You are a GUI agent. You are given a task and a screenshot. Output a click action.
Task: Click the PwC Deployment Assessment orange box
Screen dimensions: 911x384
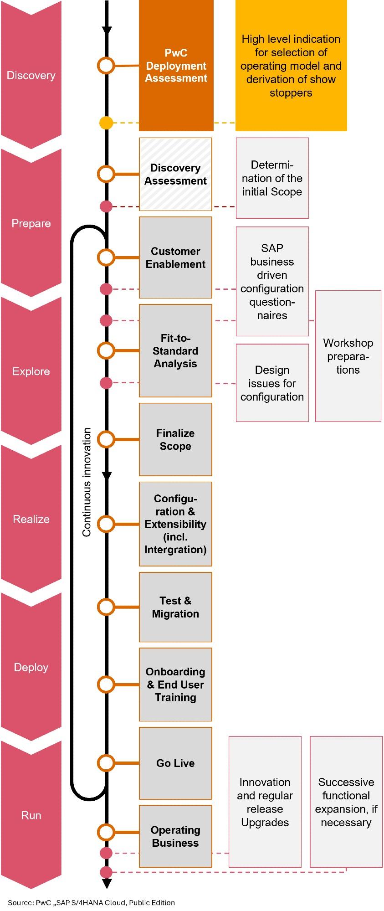click(x=176, y=66)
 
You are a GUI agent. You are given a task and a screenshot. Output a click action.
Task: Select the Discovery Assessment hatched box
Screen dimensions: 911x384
click(x=175, y=174)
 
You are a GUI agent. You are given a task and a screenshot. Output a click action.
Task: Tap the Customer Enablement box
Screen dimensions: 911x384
click(x=175, y=257)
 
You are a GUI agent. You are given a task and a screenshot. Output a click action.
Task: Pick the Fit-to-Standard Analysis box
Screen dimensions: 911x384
click(x=175, y=350)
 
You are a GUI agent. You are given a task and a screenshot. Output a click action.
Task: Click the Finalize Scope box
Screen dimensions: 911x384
click(x=175, y=439)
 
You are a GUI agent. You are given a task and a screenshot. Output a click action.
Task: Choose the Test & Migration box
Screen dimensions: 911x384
click(x=175, y=607)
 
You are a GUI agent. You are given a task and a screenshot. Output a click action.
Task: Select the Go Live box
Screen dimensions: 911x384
click(x=175, y=763)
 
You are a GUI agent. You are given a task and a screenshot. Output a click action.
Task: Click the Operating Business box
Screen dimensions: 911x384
click(x=175, y=836)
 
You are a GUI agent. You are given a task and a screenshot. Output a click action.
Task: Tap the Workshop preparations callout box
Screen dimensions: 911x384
click(x=348, y=356)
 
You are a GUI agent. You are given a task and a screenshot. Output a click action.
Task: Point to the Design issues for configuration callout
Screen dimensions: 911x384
click(x=272, y=383)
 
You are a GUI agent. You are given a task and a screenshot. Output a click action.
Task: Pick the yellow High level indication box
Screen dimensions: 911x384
click(x=291, y=66)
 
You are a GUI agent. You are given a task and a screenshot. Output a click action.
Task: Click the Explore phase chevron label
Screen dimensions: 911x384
click(x=31, y=371)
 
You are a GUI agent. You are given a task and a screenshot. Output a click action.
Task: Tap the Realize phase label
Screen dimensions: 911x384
click(x=31, y=519)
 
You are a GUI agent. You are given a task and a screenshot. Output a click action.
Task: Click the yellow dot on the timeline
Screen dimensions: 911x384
click(x=106, y=123)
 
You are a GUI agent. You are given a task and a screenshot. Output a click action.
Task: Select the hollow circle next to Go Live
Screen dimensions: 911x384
click(x=106, y=763)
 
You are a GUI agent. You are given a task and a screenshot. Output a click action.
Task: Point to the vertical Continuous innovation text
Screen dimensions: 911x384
click(x=87, y=482)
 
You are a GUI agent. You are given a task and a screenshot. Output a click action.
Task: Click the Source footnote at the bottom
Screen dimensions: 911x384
click(x=91, y=902)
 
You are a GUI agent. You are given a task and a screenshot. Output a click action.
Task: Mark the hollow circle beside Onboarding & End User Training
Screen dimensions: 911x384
click(x=106, y=685)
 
